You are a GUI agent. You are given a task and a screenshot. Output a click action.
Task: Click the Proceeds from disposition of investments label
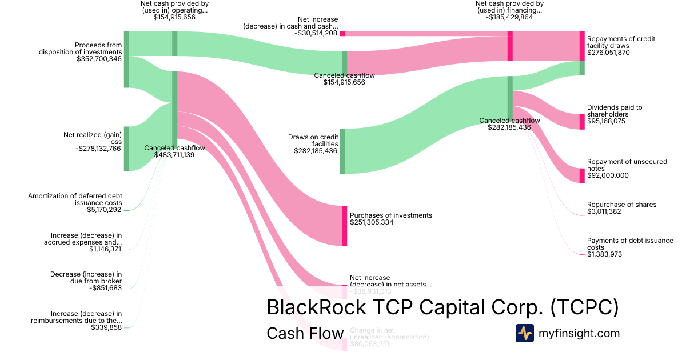click(80, 48)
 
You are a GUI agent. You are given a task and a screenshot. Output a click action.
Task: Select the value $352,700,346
click(99, 58)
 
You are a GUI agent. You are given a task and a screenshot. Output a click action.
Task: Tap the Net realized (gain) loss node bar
click(126, 149)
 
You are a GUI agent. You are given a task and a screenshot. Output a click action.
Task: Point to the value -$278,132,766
click(98, 149)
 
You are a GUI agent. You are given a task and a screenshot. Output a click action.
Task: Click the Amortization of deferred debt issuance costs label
click(75, 199)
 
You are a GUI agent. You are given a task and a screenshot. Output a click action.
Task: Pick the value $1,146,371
click(105, 249)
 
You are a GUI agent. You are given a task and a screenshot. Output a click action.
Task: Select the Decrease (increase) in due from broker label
click(86, 278)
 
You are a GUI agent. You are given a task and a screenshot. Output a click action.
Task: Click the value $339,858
click(106, 327)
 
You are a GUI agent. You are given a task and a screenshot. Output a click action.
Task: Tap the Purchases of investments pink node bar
click(345, 226)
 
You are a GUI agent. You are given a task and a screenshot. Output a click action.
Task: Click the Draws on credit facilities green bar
click(342, 151)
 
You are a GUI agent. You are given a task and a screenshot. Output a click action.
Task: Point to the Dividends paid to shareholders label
click(615, 110)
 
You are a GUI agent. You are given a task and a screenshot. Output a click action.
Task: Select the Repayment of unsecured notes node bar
click(582, 175)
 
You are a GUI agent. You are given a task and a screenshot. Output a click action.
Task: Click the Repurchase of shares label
click(621, 205)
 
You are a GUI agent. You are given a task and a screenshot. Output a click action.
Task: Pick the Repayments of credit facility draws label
click(621, 42)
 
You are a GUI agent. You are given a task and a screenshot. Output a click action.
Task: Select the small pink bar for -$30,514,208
click(342, 34)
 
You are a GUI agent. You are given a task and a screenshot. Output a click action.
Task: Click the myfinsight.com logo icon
click(524, 333)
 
